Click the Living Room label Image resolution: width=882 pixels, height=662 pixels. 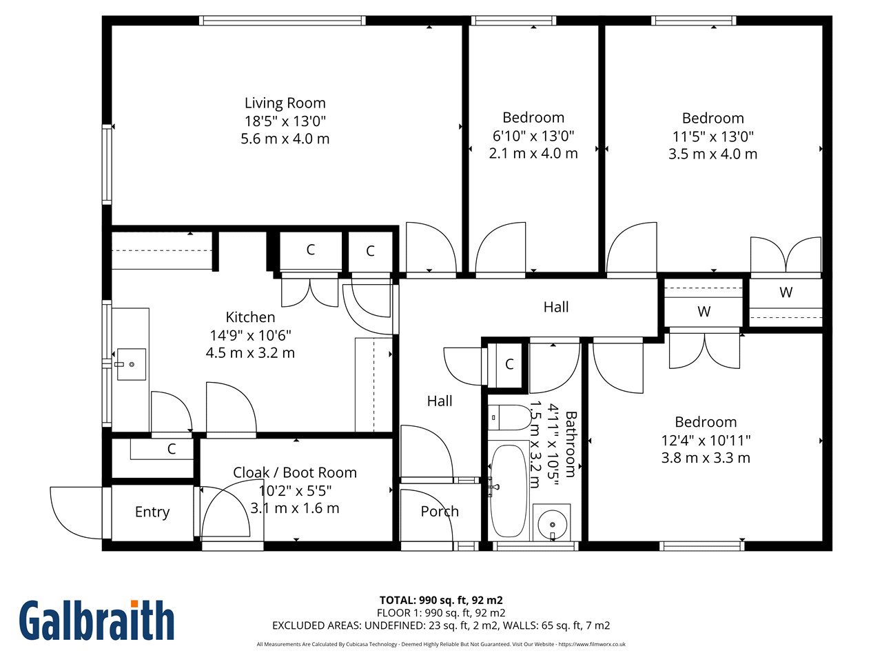285,103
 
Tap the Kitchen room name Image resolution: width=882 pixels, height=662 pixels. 250,317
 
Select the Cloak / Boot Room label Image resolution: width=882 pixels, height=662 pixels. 295,472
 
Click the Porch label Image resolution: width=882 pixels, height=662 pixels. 440,511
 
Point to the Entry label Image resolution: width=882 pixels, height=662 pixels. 152,512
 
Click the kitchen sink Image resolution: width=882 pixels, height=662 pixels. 132,364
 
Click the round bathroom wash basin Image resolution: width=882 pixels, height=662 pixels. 552,525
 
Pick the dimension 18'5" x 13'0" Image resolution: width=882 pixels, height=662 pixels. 285,121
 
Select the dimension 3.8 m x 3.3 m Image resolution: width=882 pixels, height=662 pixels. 706,458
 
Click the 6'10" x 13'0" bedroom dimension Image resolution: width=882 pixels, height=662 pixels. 533,136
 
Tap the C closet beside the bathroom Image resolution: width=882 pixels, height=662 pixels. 509,364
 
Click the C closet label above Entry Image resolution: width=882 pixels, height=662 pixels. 172,448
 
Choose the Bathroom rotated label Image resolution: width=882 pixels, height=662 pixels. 571,444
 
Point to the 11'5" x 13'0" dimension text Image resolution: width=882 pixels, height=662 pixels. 712,137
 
